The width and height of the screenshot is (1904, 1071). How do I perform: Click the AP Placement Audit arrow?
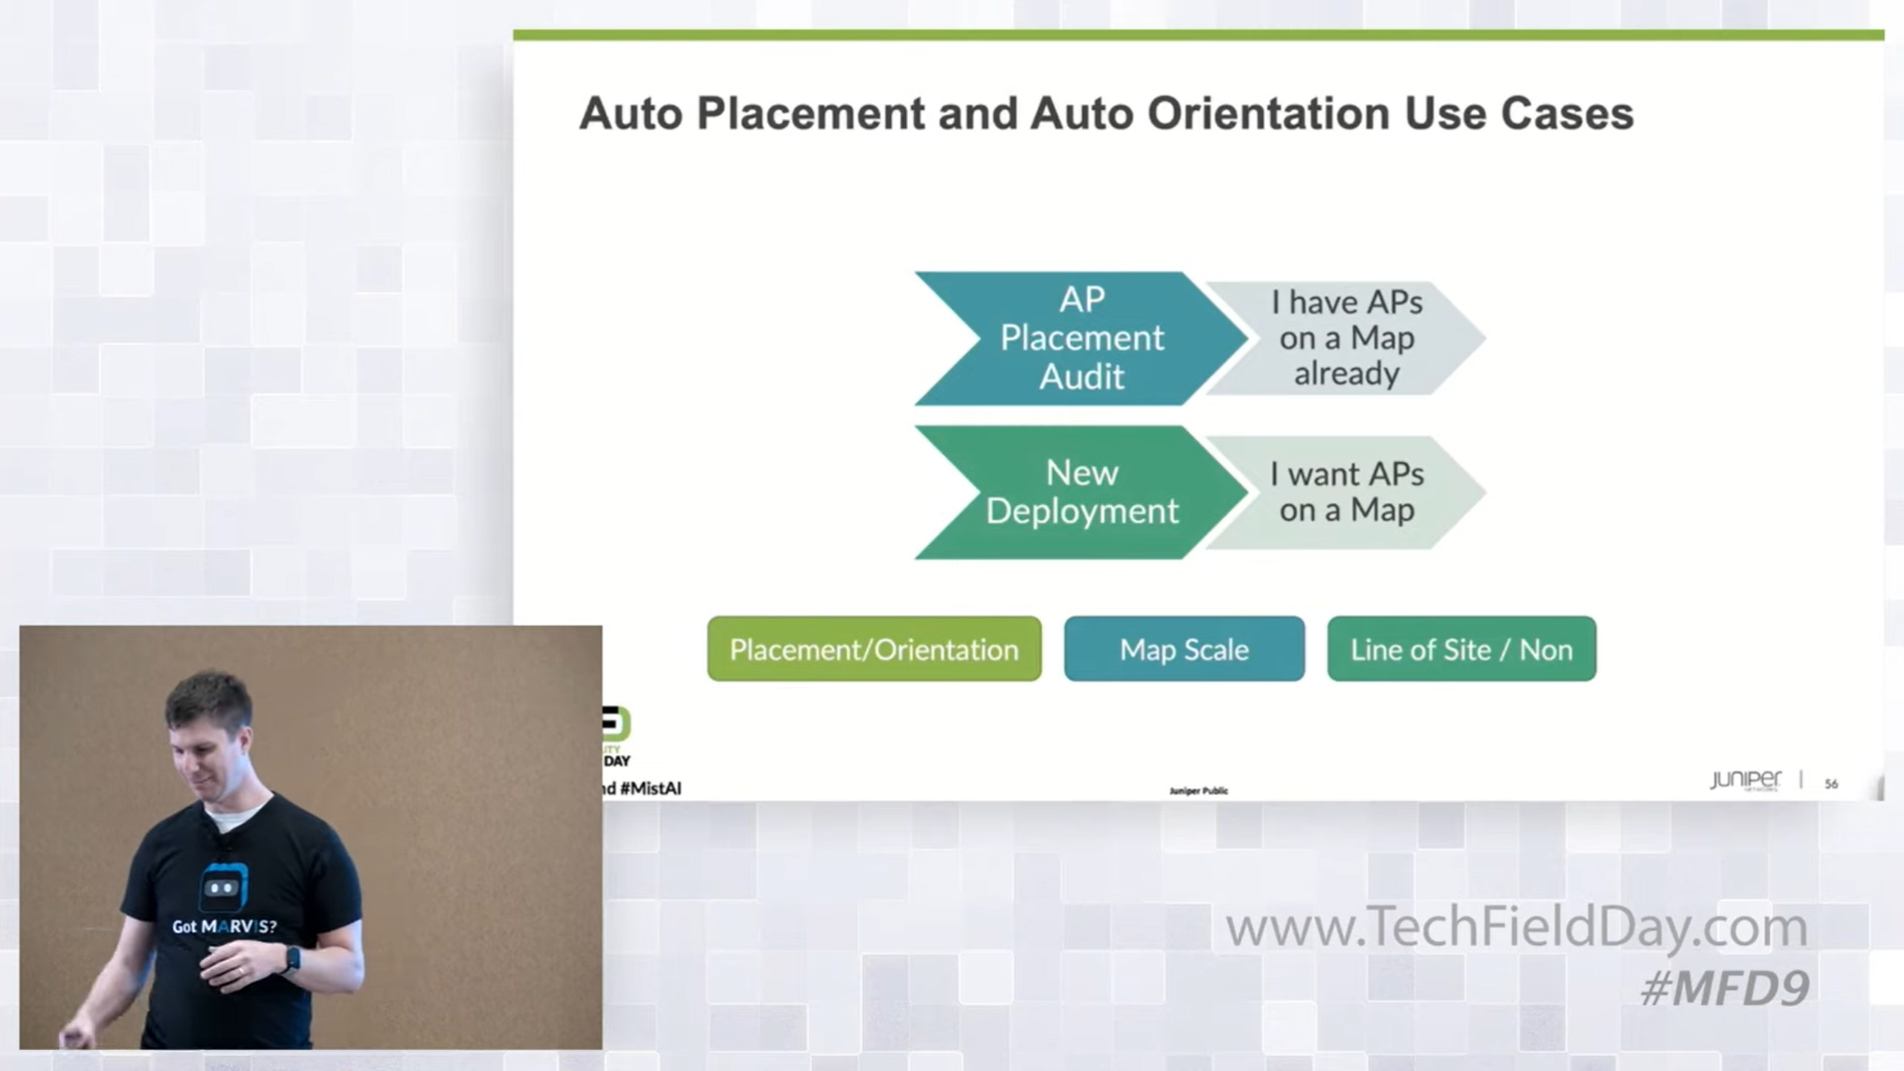click(x=1071, y=338)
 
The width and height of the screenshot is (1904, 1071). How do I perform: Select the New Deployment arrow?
click(x=1071, y=492)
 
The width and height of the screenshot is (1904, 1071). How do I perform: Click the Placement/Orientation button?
click(x=874, y=649)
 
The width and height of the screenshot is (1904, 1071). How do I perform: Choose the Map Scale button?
click(x=1184, y=649)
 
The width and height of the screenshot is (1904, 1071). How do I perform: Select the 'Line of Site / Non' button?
click(x=1461, y=649)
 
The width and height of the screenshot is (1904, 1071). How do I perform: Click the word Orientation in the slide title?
click(x=1268, y=114)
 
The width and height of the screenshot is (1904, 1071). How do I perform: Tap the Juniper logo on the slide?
click(x=1745, y=780)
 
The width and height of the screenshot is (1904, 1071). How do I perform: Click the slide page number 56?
click(x=1831, y=784)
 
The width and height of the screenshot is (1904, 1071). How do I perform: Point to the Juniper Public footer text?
click(x=1198, y=791)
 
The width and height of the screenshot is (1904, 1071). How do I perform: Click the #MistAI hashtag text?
click(x=650, y=788)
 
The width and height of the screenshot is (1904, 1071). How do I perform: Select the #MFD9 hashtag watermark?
click(x=1724, y=988)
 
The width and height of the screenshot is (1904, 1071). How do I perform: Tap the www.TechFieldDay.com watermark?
click(x=1516, y=927)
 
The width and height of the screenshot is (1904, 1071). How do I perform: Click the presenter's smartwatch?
click(x=292, y=959)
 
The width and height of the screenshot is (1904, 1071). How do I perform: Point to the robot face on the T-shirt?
click(x=222, y=887)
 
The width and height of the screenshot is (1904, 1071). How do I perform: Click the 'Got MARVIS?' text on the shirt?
click(x=224, y=927)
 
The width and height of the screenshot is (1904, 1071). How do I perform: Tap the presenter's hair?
click(x=210, y=695)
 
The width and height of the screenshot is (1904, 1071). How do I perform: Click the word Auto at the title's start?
click(x=631, y=114)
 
